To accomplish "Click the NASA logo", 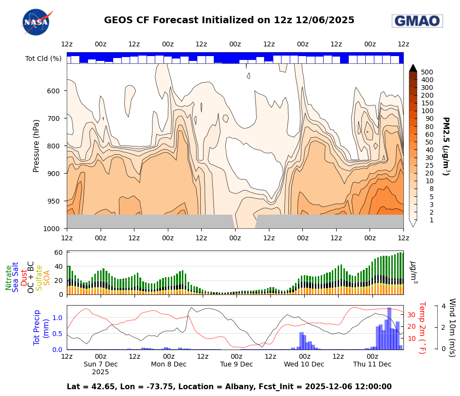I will [x=36, y=22].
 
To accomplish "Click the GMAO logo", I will [x=417, y=21].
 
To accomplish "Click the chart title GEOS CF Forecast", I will [x=229, y=20].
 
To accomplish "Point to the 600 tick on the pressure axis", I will [x=53, y=91].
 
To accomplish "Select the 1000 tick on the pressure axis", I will [x=51, y=229].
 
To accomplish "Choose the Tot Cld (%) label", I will [x=43, y=59].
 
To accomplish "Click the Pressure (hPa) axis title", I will [x=36, y=146].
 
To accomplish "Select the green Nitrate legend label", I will [x=9, y=278].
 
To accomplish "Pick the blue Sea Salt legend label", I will [x=16, y=277].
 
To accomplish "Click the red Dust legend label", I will [x=24, y=278].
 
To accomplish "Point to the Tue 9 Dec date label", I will [x=237, y=364].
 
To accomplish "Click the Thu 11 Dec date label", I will [x=372, y=364].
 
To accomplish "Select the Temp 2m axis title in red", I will [x=421, y=327].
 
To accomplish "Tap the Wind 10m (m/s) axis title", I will [x=452, y=327].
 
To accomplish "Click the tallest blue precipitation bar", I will [x=389, y=328].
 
